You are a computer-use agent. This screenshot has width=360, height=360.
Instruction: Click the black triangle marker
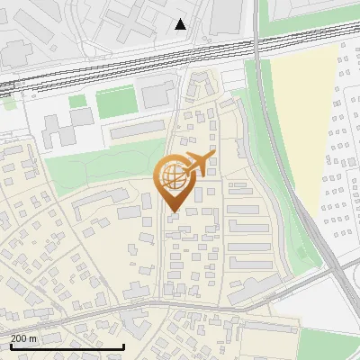pos(181,24)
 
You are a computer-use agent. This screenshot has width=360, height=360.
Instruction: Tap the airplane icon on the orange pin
pos(197,164)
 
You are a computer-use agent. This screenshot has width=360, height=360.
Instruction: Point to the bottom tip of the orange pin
pos(171,212)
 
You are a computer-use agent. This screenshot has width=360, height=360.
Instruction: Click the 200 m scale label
pos(23,337)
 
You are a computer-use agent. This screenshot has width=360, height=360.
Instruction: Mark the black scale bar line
pos(67,346)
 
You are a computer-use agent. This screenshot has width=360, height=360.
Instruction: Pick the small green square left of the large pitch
pos(77,101)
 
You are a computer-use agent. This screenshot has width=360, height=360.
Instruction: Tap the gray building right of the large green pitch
pos(158,93)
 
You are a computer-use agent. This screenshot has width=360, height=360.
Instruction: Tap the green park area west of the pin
pos(99,166)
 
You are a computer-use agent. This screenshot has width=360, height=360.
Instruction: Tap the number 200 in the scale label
pos(18,337)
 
